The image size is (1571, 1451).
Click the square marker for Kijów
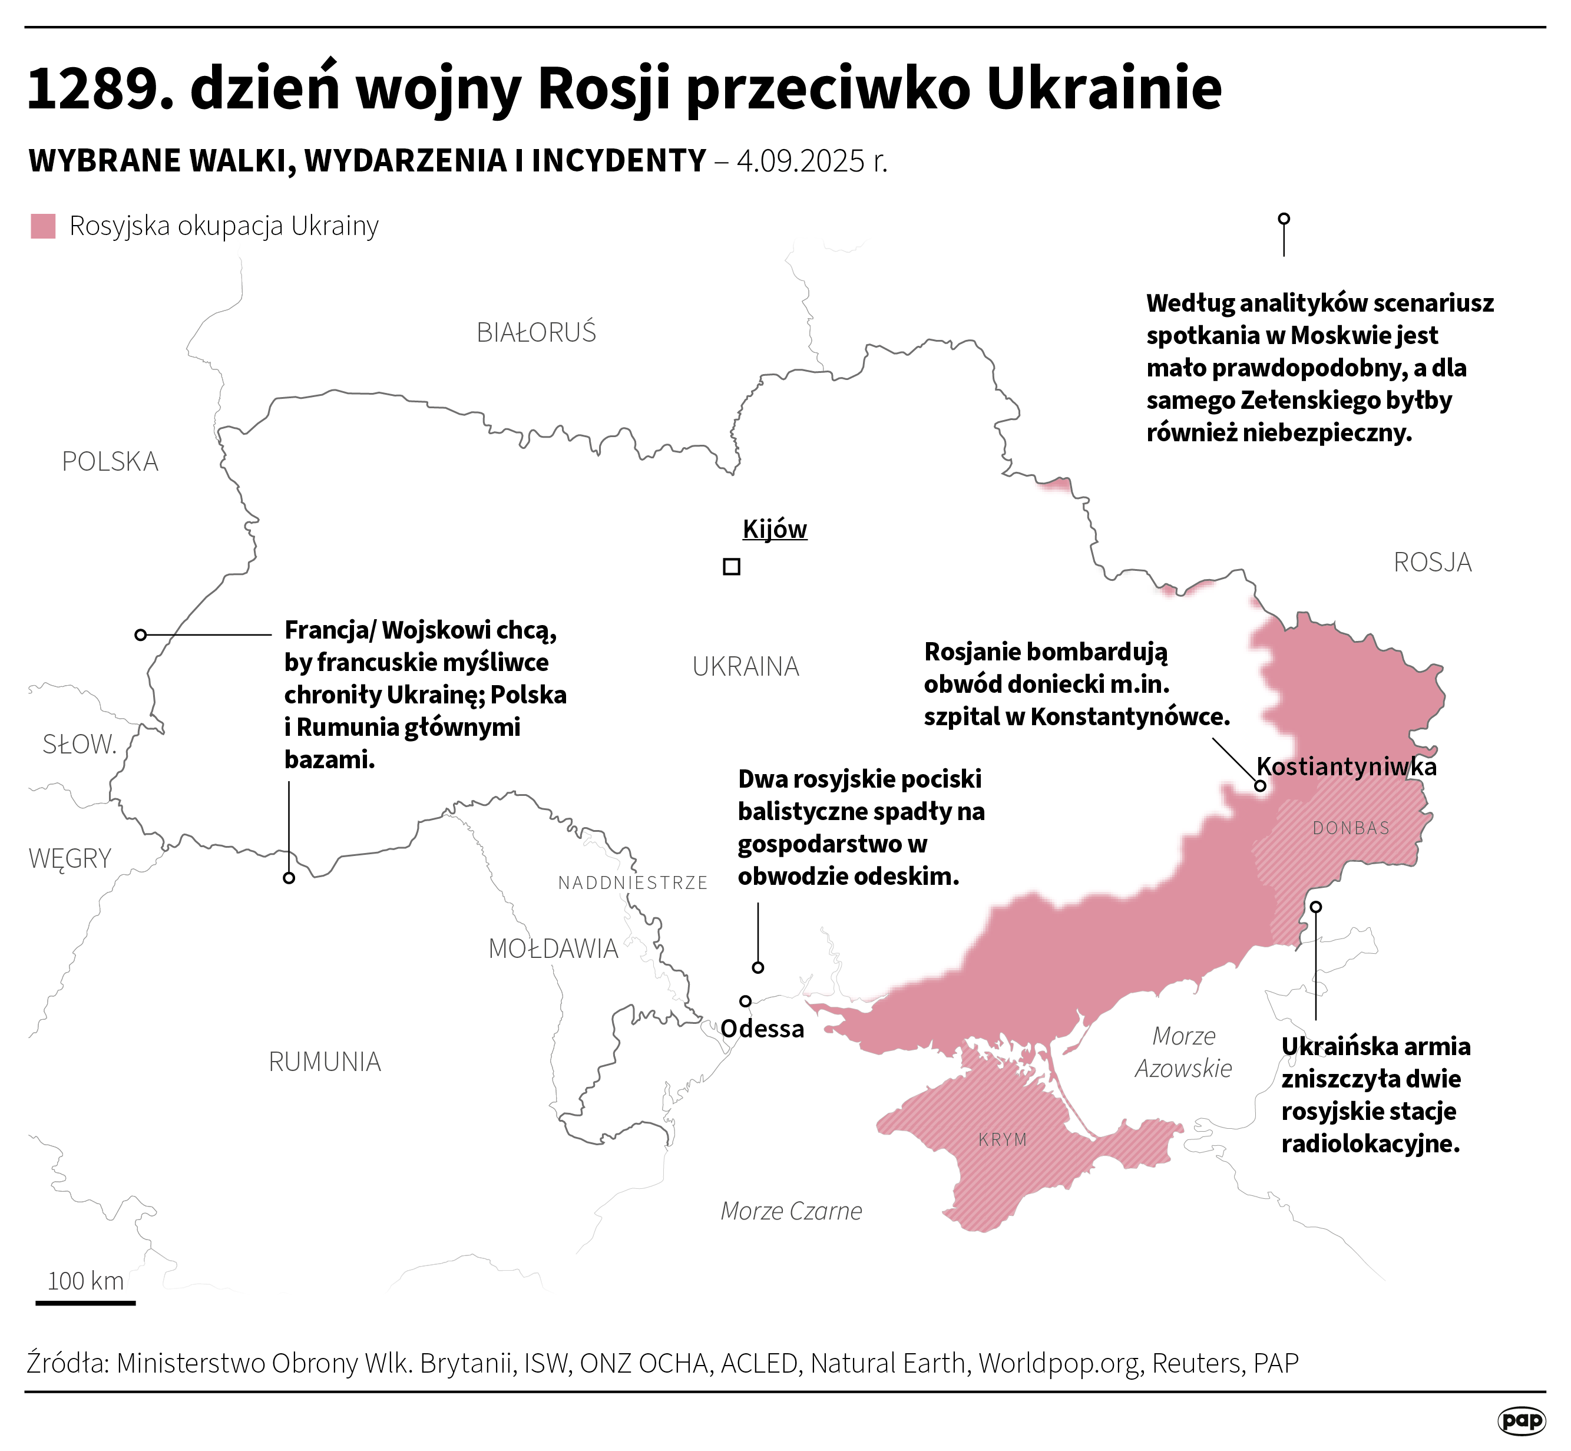pos(731,566)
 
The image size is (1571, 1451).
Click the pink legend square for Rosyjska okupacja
pos(43,226)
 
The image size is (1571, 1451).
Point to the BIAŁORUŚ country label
pos(536,333)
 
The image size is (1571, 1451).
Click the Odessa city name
pos(762,1029)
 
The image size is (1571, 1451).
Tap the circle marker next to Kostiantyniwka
pos(1260,785)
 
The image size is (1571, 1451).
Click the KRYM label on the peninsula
pos(1003,1139)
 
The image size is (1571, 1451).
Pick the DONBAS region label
pos(1350,828)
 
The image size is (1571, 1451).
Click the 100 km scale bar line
pos(85,1303)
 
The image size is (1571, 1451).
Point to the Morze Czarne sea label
pos(791,1211)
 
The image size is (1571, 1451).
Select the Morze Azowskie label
pos(1183,1052)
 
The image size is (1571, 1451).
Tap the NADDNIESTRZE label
pos(633,883)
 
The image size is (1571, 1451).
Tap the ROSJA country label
pos(1432,562)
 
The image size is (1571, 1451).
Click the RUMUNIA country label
pos(324,1062)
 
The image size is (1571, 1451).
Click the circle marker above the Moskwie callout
pos(1284,219)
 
